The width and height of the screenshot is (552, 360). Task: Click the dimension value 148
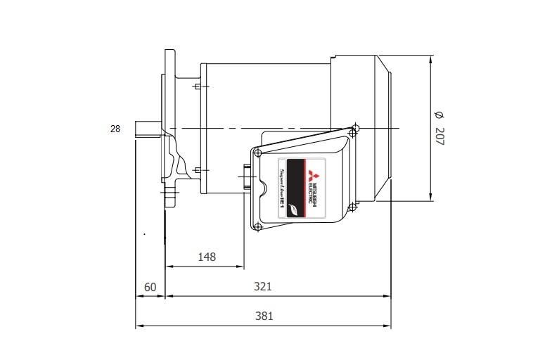(x=206, y=257)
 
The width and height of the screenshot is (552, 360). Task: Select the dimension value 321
(x=263, y=287)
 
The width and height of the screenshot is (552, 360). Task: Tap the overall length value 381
(x=263, y=316)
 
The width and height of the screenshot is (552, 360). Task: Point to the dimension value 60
(x=150, y=287)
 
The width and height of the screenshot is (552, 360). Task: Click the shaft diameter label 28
(x=115, y=129)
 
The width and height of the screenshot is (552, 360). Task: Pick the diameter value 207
(x=439, y=136)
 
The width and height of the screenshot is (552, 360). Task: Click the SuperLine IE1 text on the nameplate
(x=281, y=190)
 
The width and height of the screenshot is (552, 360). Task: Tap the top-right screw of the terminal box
(x=355, y=129)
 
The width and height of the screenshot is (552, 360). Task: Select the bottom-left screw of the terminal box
(x=258, y=226)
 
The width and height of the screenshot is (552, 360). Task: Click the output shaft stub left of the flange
(x=148, y=131)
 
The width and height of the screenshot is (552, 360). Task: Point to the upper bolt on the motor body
(x=197, y=86)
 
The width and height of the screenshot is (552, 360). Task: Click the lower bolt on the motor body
(x=197, y=170)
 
